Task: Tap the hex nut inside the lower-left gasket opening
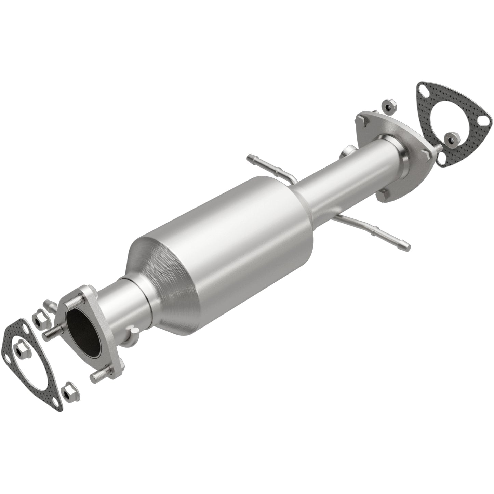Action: tap(18, 350)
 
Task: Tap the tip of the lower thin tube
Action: tap(406, 245)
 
